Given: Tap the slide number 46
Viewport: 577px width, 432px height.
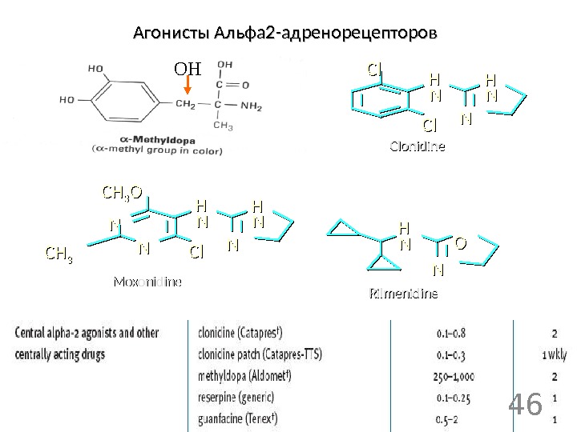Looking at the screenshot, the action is [526, 405].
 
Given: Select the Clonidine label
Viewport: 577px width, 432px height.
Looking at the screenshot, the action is [417, 147].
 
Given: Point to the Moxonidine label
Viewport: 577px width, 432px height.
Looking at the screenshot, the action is [148, 282].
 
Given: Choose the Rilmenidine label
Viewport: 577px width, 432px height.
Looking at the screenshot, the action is [402, 294].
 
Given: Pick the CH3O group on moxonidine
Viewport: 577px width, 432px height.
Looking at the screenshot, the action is [121, 193].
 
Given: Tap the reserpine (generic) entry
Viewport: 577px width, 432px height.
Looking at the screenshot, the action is [236, 397].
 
